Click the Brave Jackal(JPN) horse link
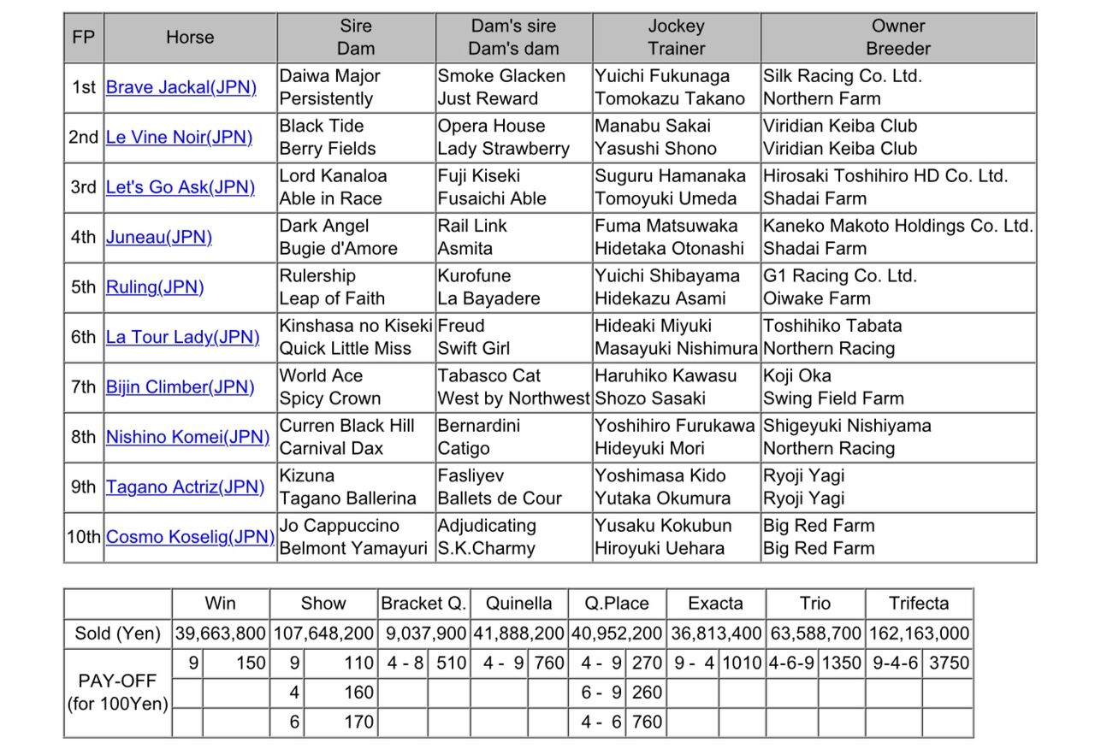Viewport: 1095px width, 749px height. [181, 87]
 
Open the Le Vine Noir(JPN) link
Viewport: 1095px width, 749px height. [179, 137]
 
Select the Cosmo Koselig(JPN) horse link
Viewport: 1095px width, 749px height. [190, 537]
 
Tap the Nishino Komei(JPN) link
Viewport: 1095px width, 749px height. [187, 437]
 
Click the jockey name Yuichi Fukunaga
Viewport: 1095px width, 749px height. [662, 76]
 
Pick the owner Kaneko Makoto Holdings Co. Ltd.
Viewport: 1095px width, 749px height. [898, 226]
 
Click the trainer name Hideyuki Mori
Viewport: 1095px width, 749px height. [649, 448]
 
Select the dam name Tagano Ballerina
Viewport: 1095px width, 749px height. [348, 498]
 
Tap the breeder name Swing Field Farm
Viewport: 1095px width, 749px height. [833, 398]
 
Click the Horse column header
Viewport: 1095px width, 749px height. [190, 38]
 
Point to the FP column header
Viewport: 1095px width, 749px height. [84, 38]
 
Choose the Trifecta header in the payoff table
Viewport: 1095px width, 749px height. [919, 603]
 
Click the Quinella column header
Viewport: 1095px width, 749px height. [518, 603]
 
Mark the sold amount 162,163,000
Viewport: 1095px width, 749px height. [919, 634]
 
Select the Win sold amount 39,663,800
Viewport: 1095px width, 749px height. [221, 634]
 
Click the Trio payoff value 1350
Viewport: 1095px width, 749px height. [840, 663]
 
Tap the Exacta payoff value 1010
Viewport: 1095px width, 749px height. [742, 663]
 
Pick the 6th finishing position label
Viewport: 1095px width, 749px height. [84, 337]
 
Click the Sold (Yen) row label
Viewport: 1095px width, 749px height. [118, 634]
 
